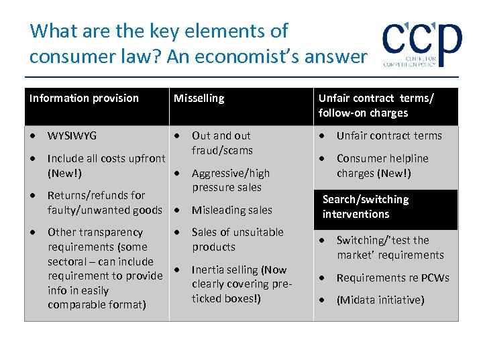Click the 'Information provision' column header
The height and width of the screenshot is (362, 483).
pos(84,99)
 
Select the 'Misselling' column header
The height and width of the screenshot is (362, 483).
pos(199,99)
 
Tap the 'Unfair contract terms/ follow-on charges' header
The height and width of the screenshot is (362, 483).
pos(376,106)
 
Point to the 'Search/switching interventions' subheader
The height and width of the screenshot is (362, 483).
pos(366,207)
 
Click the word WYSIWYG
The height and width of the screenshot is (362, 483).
pos(72,136)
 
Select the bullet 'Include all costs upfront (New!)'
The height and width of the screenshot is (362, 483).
pos(106,166)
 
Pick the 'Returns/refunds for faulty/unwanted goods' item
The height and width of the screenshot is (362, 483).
pos(105,202)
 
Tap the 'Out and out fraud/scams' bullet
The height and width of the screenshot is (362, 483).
pos(221,143)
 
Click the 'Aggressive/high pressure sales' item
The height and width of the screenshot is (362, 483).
pos(230,180)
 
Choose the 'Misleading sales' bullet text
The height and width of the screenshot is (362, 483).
pos(231,210)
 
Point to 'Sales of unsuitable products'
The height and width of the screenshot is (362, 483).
pos(237,239)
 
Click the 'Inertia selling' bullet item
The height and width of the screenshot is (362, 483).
pos(239,284)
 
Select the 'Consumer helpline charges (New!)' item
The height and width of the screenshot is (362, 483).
pos(382,166)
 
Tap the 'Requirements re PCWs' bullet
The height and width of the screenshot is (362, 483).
pos(392,278)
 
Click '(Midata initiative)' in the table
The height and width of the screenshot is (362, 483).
pos(380,300)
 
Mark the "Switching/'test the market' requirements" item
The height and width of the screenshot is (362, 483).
pos(390,247)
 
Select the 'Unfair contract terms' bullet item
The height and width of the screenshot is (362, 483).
pos(389,136)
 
